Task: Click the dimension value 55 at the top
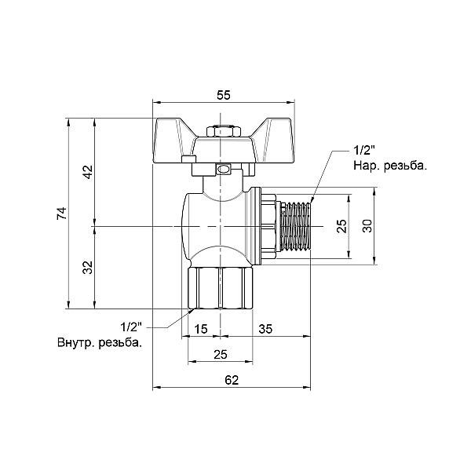(x=223, y=95)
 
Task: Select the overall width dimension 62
(x=231, y=379)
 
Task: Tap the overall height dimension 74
(x=62, y=213)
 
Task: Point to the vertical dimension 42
(x=88, y=172)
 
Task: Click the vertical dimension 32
(x=88, y=267)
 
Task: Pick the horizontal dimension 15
(x=200, y=328)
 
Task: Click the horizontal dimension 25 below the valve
(x=221, y=355)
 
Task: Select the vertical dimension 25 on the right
(x=341, y=226)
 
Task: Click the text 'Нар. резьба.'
(x=389, y=166)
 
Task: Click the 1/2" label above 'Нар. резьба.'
(x=366, y=151)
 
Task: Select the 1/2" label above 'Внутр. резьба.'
(x=130, y=327)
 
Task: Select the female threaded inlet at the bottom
(x=220, y=288)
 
